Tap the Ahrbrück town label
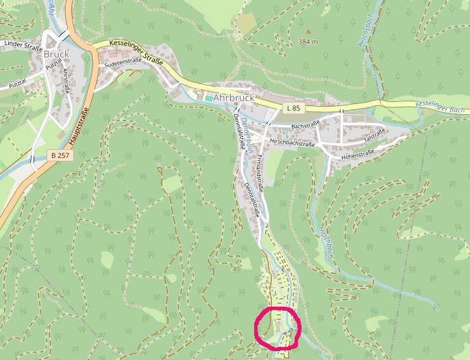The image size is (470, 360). [x=234, y=98]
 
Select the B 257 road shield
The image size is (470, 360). [x=60, y=156]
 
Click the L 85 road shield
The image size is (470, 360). [x=293, y=108]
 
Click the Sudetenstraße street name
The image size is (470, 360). [x=123, y=64]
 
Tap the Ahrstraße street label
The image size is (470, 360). [x=66, y=80]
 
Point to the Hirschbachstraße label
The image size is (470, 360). [x=293, y=144]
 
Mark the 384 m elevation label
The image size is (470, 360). [x=308, y=42]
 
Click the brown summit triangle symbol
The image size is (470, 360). [x=308, y=31]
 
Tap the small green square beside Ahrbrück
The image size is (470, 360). [x=208, y=99]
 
